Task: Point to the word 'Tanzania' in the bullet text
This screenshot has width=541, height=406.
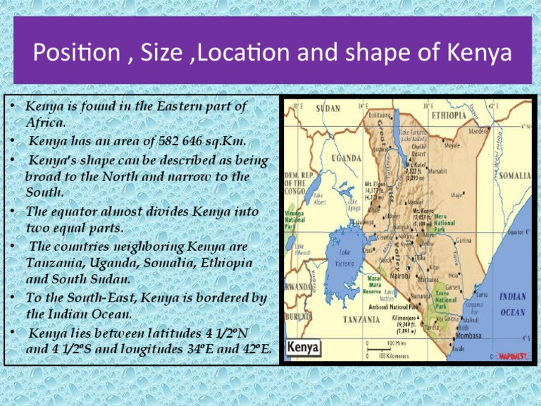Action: click(50, 262)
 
